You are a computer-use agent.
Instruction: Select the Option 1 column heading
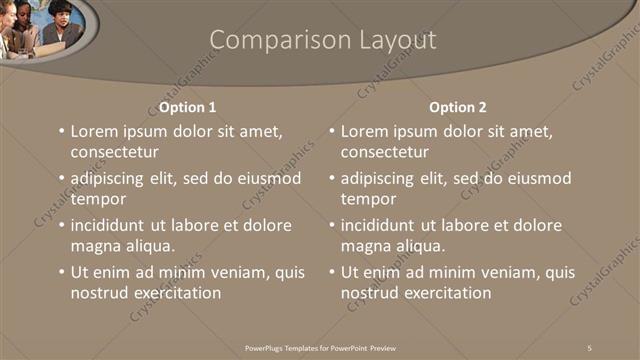click(188, 107)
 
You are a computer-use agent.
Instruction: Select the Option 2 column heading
click(458, 107)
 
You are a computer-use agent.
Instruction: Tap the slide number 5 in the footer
click(590, 346)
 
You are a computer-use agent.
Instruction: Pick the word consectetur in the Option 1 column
click(114, 152)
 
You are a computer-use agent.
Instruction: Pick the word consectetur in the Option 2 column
click(384, 152)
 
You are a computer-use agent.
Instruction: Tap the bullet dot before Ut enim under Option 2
click(332, 272)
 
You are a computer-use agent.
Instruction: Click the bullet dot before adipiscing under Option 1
click(62, 178)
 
